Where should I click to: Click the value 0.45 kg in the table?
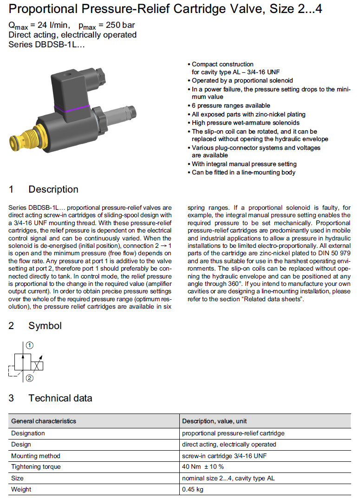coord(193,489)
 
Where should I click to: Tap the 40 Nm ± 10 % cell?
coord(203,466)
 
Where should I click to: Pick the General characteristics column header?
coord(44,421)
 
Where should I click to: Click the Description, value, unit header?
coord(215,421)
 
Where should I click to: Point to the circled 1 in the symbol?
coord(30,345)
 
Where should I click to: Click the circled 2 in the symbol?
coord(30,378)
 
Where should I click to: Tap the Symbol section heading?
coord(45,326)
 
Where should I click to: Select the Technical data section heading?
coord(60,398)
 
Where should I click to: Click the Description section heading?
coord(53,189)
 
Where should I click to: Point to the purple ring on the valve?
coord(72,110)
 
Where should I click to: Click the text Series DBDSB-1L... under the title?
coord(47,45)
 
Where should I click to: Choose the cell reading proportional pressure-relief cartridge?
coord(233,433)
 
